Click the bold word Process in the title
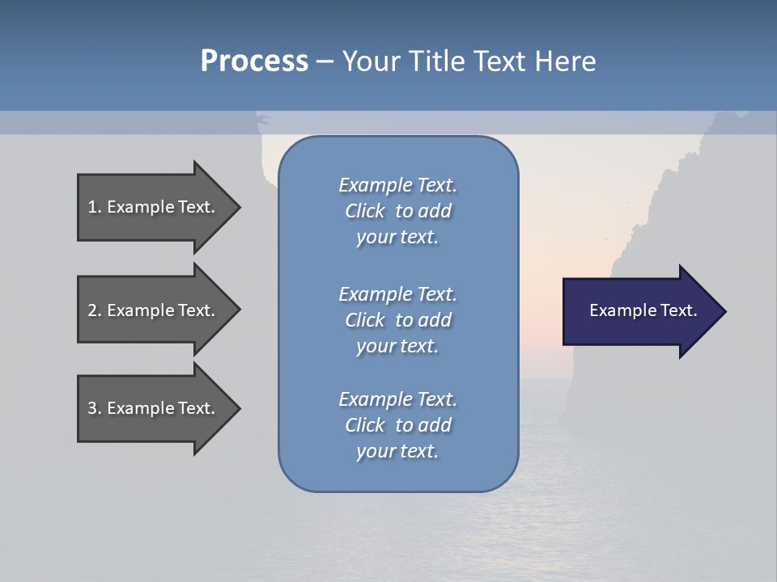tap(254, 61)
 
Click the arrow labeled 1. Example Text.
tap(154, 207)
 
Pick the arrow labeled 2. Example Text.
tap(154, 310)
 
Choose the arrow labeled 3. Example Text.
tap(154, 408)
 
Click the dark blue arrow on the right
tap(639, 310)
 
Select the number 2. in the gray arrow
tap(95, 310)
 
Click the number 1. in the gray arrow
tap(95, 207)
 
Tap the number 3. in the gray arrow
tap(95, 408)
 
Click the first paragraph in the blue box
tap(397, 211)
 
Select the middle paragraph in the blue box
tap(397, 319)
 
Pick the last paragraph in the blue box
tap(397, 424)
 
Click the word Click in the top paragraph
tap(365, 211)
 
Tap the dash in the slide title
tap(325, 61)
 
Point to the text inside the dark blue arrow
tap(643, 310)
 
